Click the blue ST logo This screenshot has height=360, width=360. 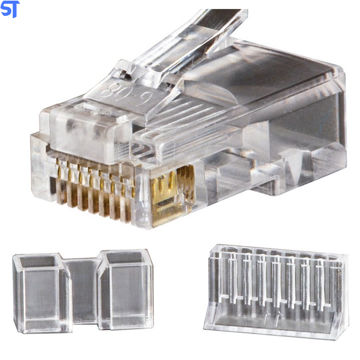coord(10,9)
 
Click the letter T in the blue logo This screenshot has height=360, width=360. coord(14,9)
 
